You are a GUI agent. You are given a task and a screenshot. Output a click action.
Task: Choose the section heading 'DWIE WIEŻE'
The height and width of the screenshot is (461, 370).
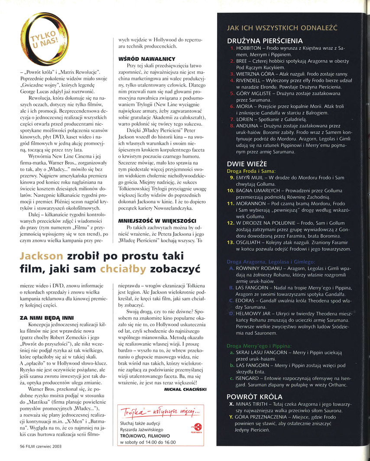click(x=247, y=164)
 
